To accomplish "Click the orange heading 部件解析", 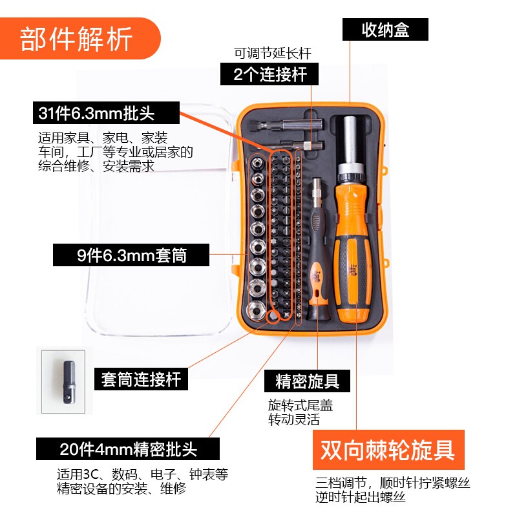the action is [x=76, y=39].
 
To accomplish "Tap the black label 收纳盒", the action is [x=385, y=30].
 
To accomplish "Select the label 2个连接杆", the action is [x=269, y=74].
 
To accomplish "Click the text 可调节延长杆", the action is [x=272, y=54].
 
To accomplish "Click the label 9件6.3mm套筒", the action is [x=131, y=255].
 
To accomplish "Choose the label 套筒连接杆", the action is [x=141, y=379].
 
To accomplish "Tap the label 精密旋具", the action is [x=307, y=381].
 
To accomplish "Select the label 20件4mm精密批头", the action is [x=128, y=448].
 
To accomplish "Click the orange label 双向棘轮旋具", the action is [x=388, y=449].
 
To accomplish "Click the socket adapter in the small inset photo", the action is [x=69, y=382].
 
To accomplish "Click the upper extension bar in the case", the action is [x=286, y=125].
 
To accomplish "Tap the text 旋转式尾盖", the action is [x=301, y=405].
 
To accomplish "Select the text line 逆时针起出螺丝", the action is [x=360, y=497].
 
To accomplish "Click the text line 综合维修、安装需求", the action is [x=96, y=165].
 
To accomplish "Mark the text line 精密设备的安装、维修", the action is [x=121, y=489].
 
